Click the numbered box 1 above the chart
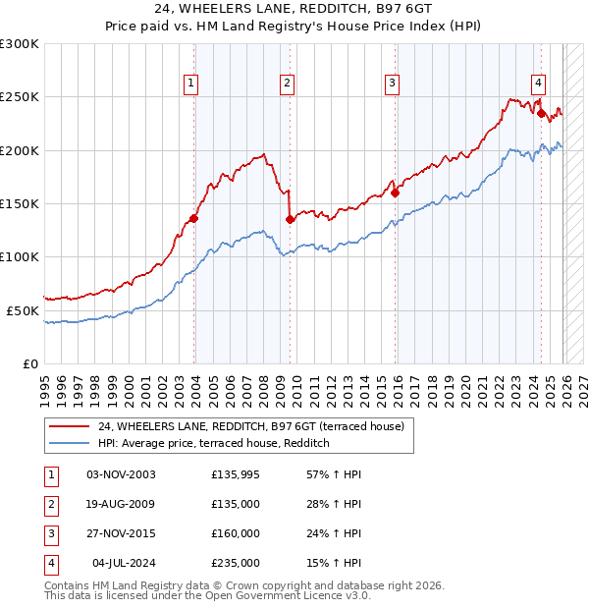[x=189, y=83]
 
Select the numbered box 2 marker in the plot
[x=287, y=83]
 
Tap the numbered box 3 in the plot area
[x=392, y=83]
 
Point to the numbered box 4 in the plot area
[x=539, y=83]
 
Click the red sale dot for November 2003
[x=194, y=219]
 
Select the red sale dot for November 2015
[x=396, y=194]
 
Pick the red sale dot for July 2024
[x=541, y=113]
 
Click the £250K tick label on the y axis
[x=20, y=97]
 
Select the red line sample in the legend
[x=69, y=426]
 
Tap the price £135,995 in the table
[x=236, y=474]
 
